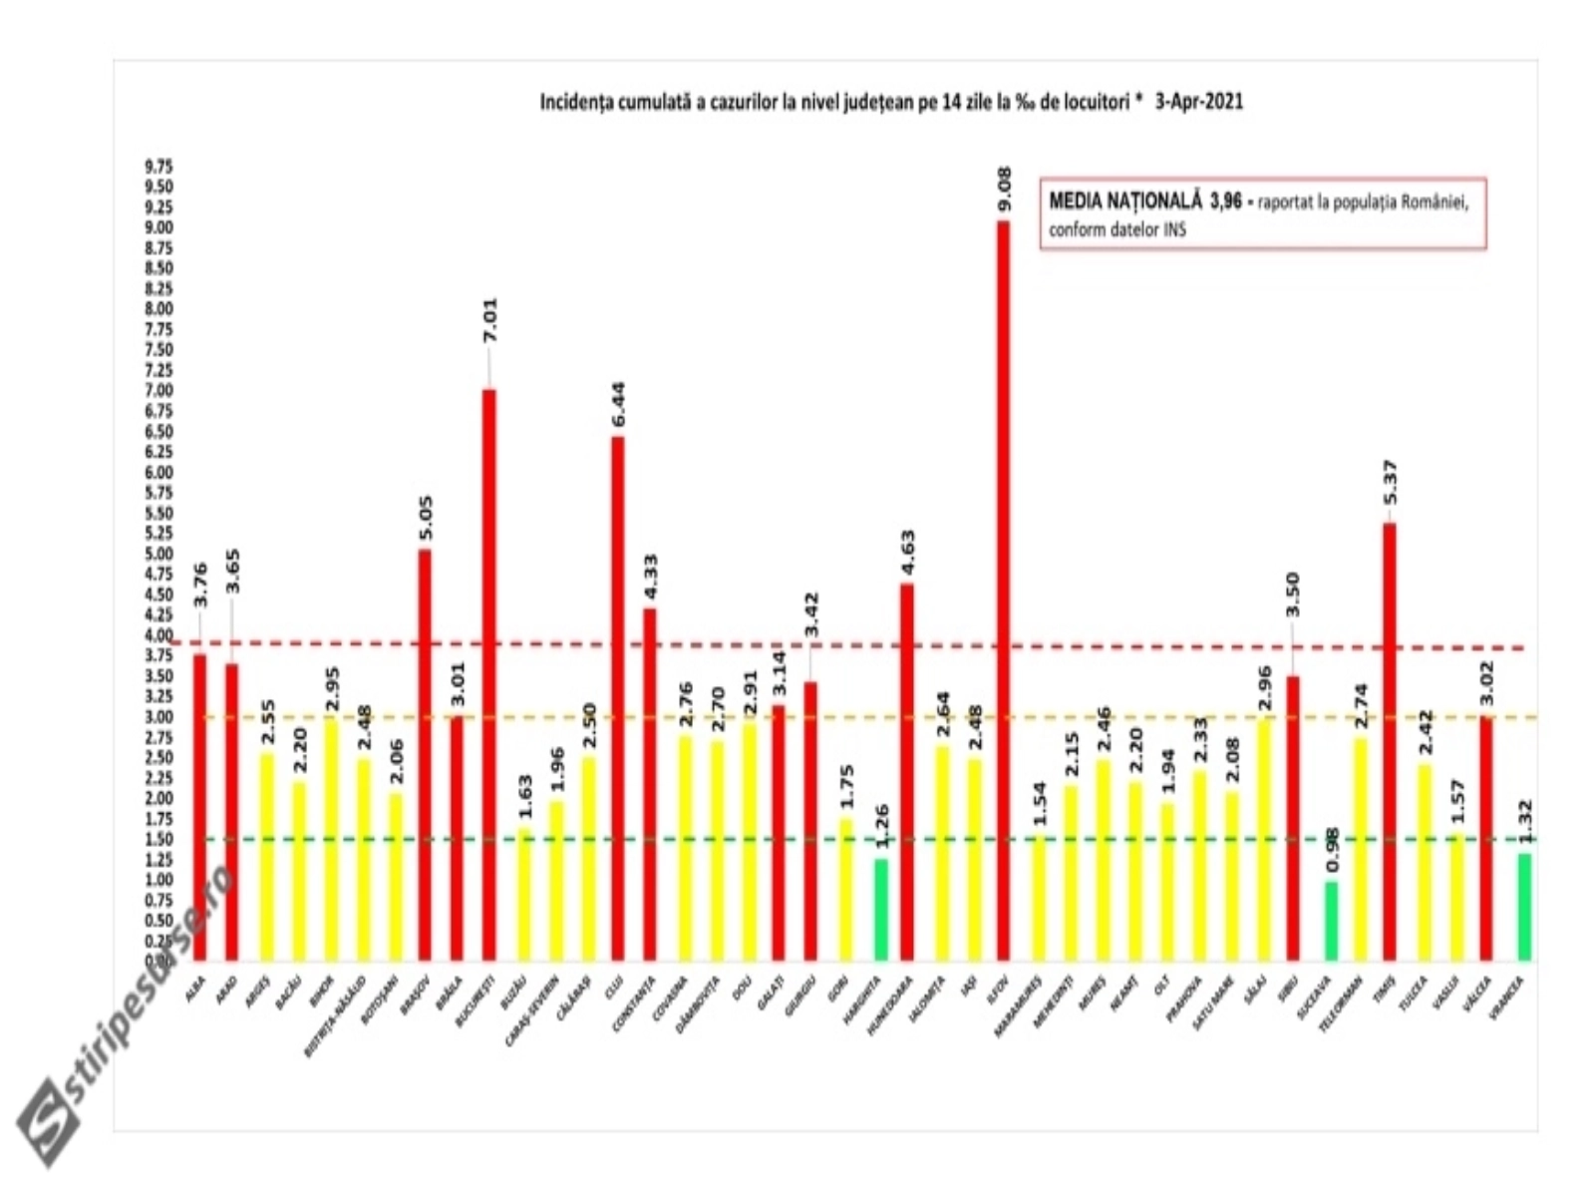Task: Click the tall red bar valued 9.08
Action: (x=1003, y=589)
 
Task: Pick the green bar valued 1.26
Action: (x=880, y=909)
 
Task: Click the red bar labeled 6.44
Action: (x=618, y=698)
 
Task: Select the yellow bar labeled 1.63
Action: (x=524, y=895)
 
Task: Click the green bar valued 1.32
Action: (x=1524, y=907)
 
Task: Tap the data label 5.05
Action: (x=426, y=518)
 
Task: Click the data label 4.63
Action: (x=907, y=554)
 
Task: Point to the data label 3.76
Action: (x=200, y=585)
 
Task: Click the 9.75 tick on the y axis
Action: (x=159, y=166)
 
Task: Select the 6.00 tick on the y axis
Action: (x=159, y=473)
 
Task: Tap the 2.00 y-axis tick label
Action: (x=159, y=799)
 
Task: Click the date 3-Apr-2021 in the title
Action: (x=1198, y=102)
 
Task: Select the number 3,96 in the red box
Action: (x=1226, y=201)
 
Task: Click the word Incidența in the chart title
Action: (x=575, y=102)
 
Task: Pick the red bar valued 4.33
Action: (x=649, y=784)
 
